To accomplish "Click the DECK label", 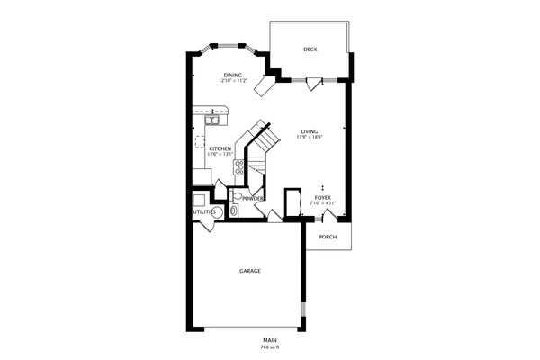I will pos(310,49).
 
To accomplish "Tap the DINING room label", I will pos(233,75).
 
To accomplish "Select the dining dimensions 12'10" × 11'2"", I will pos(233,81).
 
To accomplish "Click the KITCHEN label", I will pos(220,148).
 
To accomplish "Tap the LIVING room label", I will pos(310,130).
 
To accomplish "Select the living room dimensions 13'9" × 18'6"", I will pos(310,137).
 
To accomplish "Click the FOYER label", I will pos(323,197).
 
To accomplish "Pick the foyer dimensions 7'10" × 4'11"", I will pos(323,203).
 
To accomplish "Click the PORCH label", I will pos(328,237).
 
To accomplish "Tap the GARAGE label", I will pos(249,270).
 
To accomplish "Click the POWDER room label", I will pos(252,198).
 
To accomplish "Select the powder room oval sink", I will pos(233,211).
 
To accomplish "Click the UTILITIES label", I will pos(204,211).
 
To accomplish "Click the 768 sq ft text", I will pos(270,346).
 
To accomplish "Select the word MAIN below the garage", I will pos(270,340).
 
